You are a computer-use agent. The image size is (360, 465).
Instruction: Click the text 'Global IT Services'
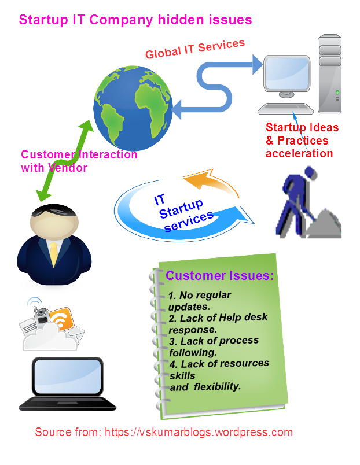pos(195,49)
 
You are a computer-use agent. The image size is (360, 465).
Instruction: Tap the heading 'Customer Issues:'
pos(220,276)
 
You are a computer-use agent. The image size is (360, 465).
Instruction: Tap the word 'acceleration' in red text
pos(299,153)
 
